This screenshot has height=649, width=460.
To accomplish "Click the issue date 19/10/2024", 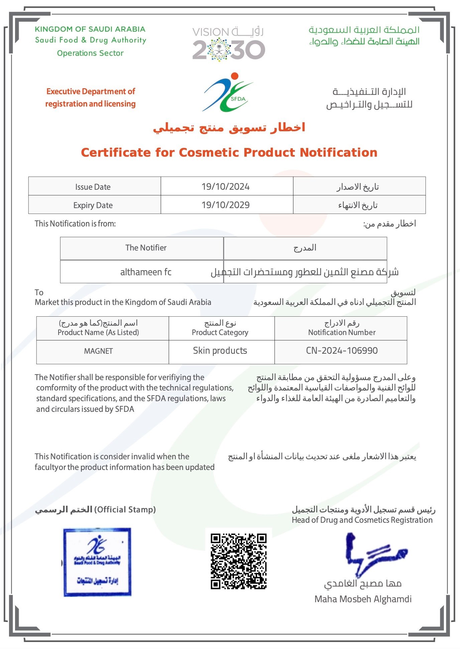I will coord(225,186).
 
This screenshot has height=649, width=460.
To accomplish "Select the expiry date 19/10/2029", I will coord(225,205).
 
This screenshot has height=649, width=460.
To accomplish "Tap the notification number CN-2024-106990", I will coord(342,350).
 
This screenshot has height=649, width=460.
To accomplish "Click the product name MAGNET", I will coord(98,351).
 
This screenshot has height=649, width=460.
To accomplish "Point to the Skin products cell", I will coord(220,350).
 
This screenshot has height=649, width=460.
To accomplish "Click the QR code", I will coord(238,561).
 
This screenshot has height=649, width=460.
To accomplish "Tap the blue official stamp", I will coord(97,562).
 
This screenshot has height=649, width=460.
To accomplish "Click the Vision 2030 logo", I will coord(229,44).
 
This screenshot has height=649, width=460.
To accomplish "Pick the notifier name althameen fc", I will coord(146,272).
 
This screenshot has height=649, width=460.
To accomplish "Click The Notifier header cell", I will coord(146,248).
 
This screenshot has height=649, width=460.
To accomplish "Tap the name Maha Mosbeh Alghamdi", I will coord(363,599).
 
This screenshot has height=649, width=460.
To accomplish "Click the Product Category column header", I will coord(220,332).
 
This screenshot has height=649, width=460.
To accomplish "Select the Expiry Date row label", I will coord(93,205).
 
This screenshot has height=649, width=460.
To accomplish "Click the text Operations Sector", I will coord(90,53).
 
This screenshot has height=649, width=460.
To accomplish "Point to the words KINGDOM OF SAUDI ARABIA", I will coord(90,29).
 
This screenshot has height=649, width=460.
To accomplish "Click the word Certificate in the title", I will coord(116,153).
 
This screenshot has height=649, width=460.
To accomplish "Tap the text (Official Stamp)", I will coord(125,509).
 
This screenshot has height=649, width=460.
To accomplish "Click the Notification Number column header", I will coord(342,332).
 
